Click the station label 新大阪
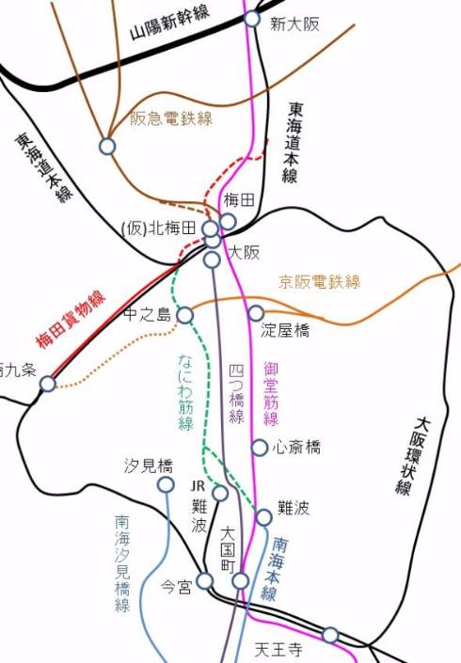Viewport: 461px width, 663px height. click(294, 24)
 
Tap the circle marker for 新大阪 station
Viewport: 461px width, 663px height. click(252, 19)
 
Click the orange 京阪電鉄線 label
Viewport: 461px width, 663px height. click(320, 281)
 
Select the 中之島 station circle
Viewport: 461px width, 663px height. click(185, 315)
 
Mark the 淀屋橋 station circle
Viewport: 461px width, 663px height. click(256, 313)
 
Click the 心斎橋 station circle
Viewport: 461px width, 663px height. click(259, 447)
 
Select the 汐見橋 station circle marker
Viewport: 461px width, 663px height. click(166, 484)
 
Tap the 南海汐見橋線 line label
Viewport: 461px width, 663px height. click(122, 562)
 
